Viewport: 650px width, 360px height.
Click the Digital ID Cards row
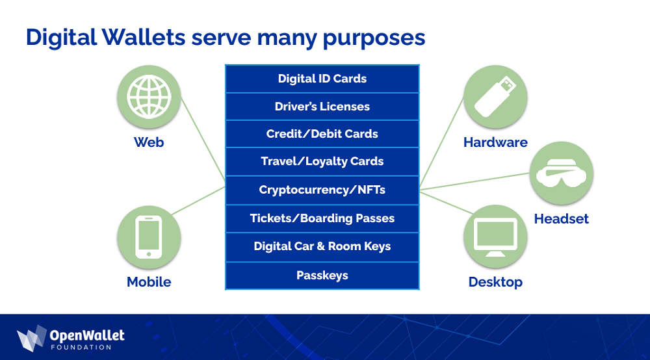click(x=322, y=79)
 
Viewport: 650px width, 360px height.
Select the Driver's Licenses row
click(x=322, y=107)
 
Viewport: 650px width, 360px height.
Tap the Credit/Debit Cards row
click(x=322, y=134)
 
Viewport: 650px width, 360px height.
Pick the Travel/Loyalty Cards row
click(x=322, y=161)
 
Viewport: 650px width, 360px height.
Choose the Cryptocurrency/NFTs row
click(x=322, y=190)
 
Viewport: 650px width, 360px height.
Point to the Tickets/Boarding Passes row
click(x=322, y=218)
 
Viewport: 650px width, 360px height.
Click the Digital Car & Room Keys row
click(x=322, y=246)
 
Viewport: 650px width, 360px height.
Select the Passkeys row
click(x=322, y=276)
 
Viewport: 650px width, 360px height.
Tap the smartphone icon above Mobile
click(x=149, y=237)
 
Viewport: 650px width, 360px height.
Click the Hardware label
click(x=495, y=142)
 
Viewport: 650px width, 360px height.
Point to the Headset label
click(x=561, y=219)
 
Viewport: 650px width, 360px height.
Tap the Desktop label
click(x=495, y=282)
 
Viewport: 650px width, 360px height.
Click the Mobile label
click(x=149, y=282)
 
